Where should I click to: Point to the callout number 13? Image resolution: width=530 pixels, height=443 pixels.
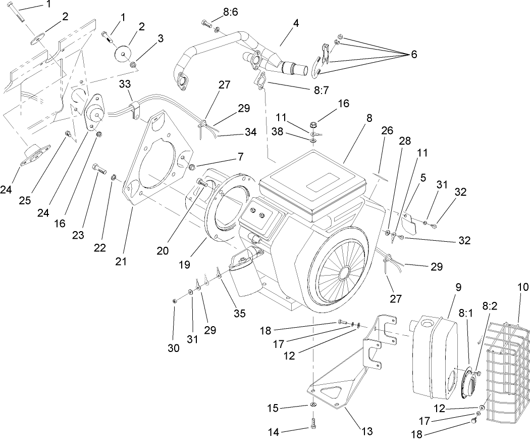pyautogui.click(x=367, y=431)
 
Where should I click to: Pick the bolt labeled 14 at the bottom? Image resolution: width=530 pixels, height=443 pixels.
pyautogui.click(x=313, y=421)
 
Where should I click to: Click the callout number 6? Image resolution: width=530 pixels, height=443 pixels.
pyautogui.click(x=413, y=54)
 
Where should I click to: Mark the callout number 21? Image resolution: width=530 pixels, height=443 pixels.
pyautogui.click(x=121, y=261)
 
